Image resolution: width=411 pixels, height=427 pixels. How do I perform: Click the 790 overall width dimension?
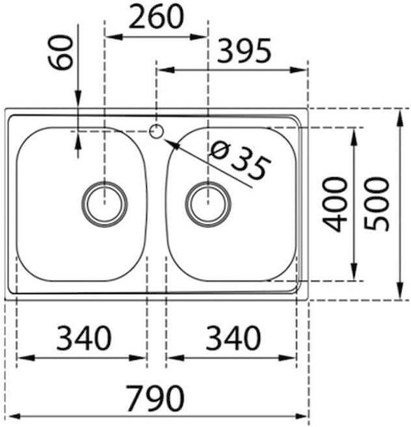156,398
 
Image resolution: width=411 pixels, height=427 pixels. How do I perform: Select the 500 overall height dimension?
377,204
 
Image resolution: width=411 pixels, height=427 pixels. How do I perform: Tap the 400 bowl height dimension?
335,204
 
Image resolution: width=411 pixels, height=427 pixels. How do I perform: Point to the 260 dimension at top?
156,17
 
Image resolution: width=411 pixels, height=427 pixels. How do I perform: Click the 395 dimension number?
244,51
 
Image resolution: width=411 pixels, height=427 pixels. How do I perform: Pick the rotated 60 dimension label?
61,52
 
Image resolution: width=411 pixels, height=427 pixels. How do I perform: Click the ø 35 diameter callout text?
240,161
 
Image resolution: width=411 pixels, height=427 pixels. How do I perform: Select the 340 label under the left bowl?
84,338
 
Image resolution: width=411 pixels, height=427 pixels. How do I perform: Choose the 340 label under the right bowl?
233,338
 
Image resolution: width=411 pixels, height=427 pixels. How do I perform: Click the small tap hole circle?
156,131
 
